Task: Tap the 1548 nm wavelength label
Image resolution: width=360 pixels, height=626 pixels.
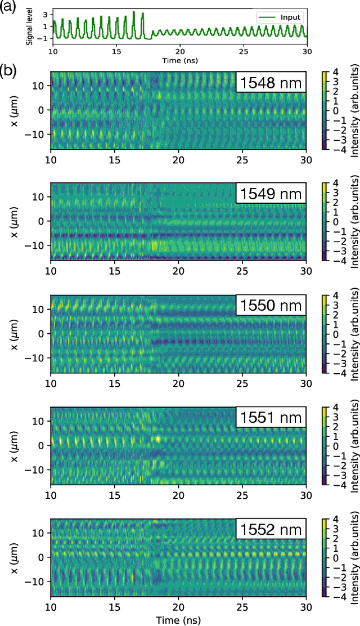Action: coord(270,84)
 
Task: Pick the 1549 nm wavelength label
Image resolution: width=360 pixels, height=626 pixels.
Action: coord(270,195)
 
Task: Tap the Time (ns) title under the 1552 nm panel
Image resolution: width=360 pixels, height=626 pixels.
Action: coord(179,619)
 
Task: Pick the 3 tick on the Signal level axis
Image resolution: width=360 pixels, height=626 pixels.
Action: coord(46,18)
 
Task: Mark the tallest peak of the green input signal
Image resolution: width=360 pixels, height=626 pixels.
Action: coord(134,12)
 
